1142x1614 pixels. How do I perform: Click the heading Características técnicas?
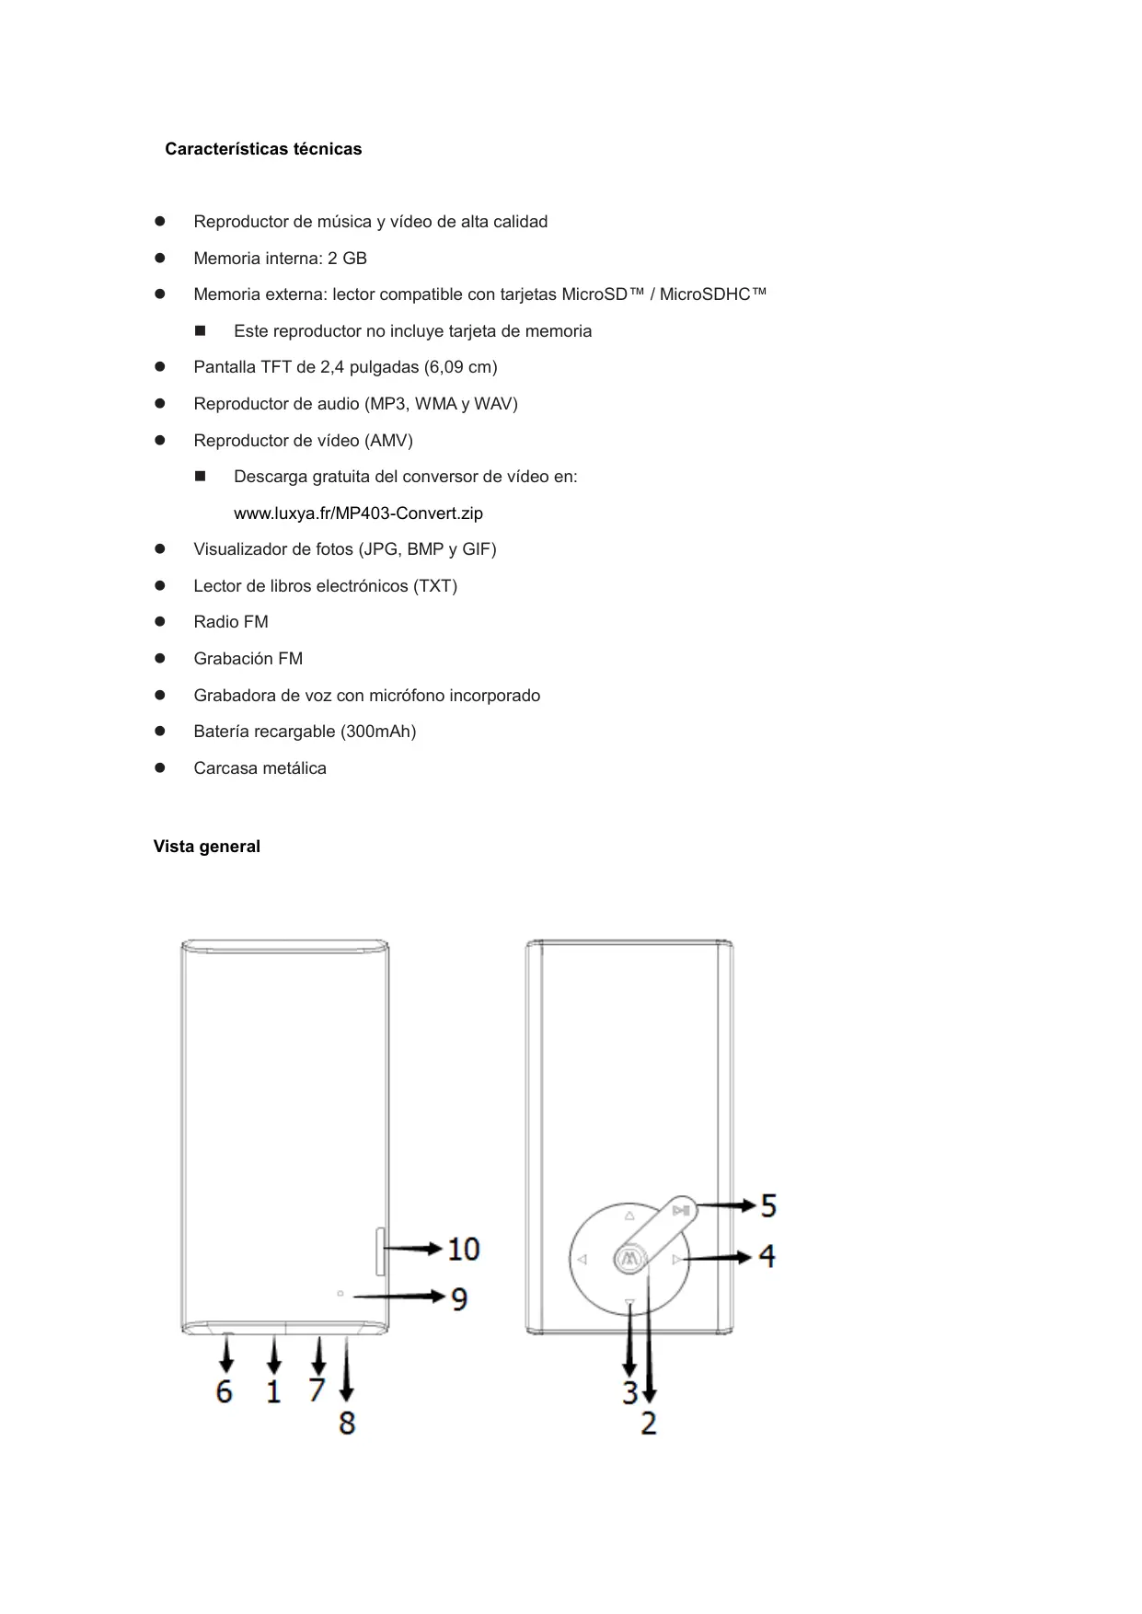(263, 149)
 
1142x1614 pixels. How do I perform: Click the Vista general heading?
(206, 847)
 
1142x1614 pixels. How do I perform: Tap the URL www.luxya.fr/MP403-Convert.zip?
(358, 513)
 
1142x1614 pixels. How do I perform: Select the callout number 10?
(464, 1249)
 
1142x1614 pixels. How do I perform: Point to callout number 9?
(459, 1298)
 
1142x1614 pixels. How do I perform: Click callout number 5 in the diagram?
(768, 1205)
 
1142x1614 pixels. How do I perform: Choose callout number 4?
(767, 1255)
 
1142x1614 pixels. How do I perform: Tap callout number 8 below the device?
(347, 1423)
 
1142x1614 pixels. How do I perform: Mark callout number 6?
(224, 1390)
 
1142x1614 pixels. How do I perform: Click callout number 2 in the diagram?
(649, 1423)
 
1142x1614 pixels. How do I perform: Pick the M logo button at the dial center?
(630, 1259)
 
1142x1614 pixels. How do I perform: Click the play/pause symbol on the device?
(680, 1211)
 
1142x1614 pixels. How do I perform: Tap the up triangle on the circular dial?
(629, 1216)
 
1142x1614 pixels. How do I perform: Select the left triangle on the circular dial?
(583, 1259)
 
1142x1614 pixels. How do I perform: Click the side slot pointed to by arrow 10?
(380, 1251)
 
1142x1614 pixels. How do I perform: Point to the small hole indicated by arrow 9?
(340, 1295)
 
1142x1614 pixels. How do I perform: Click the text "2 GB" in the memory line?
(347, 259)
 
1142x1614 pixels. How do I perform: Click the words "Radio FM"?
(231, 622)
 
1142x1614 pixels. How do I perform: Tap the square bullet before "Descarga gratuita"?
(201, 477)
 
